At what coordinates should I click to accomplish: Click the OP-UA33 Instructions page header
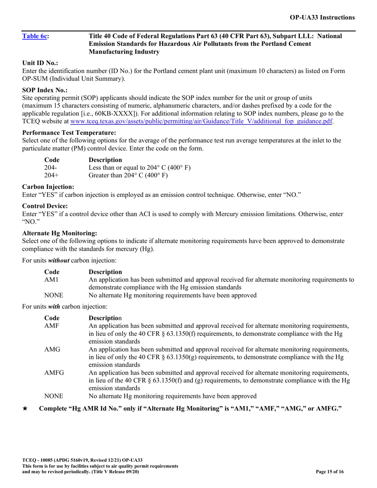322,17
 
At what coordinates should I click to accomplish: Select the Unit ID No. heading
40,63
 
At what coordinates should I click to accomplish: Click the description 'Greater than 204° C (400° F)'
127,176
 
